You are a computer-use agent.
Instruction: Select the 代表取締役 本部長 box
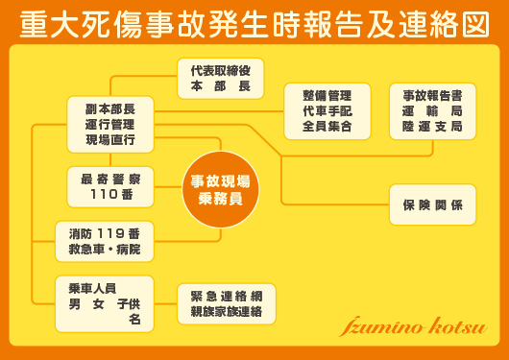click(x=220, y=78)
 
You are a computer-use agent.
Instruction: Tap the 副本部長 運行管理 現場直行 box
click(x=110, y=124)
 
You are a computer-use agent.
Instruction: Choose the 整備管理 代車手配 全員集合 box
click(x=327, y=110)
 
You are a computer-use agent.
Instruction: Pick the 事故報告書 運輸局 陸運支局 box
click(x=432, y=110)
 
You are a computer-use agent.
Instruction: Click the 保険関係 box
click(x=432, y=204)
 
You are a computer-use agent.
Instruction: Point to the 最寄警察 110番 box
click(x=110, y=185)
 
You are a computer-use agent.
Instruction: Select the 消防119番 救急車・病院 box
click(x=110, y=241)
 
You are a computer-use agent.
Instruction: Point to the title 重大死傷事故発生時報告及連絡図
click(x=254, y=23)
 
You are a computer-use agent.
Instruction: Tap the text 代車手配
click(x=327, y=110)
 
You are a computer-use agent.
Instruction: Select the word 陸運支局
click(x=432, y=126)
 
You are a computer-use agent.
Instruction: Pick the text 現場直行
click(x=110, y=140)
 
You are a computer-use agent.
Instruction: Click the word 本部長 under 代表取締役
click(x=220, y=86)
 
